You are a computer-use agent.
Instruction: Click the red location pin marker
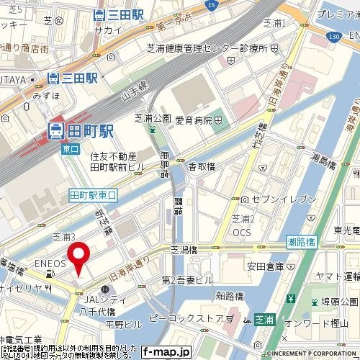(x=78, y=257)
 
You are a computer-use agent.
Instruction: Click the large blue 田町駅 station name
(x=80, y=130)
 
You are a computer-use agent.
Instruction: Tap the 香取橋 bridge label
(x=202, y=167)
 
